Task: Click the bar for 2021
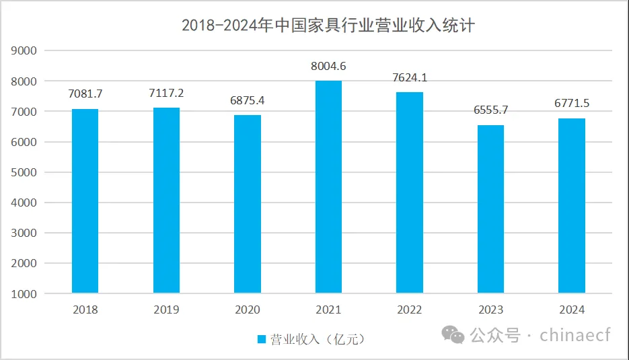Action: click(328, 187)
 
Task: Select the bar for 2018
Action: click(85, 201)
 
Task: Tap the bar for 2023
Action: click(490, 209)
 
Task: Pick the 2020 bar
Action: click(247, 204)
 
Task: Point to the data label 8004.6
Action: click(328, 67)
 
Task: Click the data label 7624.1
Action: click(410, 78)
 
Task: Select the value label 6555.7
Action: click(490, 111)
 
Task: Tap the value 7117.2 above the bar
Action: click(166, 94)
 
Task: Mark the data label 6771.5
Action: click(572, 104)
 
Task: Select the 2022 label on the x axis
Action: click(410, 310)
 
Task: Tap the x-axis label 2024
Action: click(572, 310)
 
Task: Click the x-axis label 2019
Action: click(166, 310)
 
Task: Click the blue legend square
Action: click(262, 339)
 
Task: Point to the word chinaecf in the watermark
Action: click(575, 334)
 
